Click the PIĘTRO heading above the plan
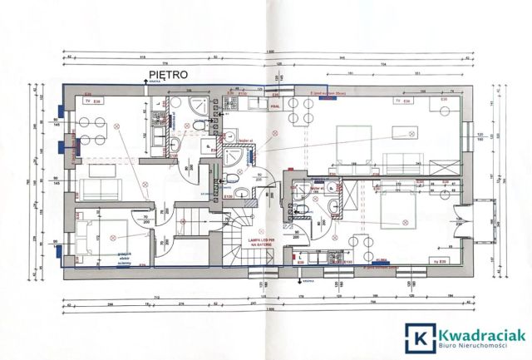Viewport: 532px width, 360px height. (165, 74)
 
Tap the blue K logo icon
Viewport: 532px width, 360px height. (419, 336)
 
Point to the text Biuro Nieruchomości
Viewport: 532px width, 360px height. (476, 345)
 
